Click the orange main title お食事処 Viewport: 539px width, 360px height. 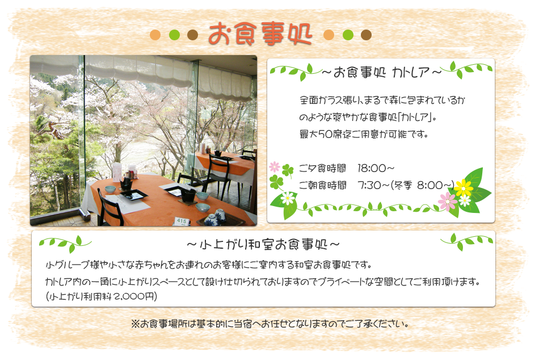coord(260,34)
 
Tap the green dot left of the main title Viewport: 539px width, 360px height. coord(175,35)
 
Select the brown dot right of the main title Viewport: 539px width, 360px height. coord(366,35)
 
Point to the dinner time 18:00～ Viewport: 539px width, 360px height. coord(376,168)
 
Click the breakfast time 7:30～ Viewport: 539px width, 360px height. coord(373,185)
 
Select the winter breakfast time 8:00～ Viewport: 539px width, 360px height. coord(435,185)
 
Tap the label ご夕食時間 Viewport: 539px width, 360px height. coord(322,168)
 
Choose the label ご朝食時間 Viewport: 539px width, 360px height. coord(322,185)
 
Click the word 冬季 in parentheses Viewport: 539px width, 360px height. coord(403,185)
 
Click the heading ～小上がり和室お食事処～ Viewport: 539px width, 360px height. coord(263,244)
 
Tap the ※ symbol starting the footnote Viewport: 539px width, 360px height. coord(135,324)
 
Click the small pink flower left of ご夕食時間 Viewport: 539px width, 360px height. coord(274,167)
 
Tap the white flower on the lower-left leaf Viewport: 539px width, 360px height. coord(288,198)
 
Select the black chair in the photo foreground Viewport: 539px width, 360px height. coord(110,207)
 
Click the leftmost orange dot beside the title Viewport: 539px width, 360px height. coord(155,35)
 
